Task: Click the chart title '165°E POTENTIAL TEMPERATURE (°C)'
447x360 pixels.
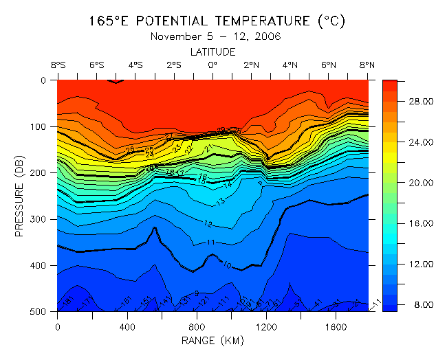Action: click(221, 21)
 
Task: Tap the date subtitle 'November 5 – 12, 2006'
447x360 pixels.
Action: click(216, 36)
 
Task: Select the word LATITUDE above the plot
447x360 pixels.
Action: click(213, 52)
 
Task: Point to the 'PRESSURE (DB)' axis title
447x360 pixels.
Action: click(20, 195)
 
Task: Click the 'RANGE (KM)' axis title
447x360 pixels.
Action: click(213, 339)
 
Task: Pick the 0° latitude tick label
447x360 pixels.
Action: click(213, 65)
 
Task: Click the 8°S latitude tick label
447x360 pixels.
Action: click(58, 65)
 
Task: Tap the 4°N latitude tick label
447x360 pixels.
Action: click(290, 65)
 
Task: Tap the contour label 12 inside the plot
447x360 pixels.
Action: click(208, 224)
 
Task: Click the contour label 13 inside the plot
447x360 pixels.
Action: click(221, 202)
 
